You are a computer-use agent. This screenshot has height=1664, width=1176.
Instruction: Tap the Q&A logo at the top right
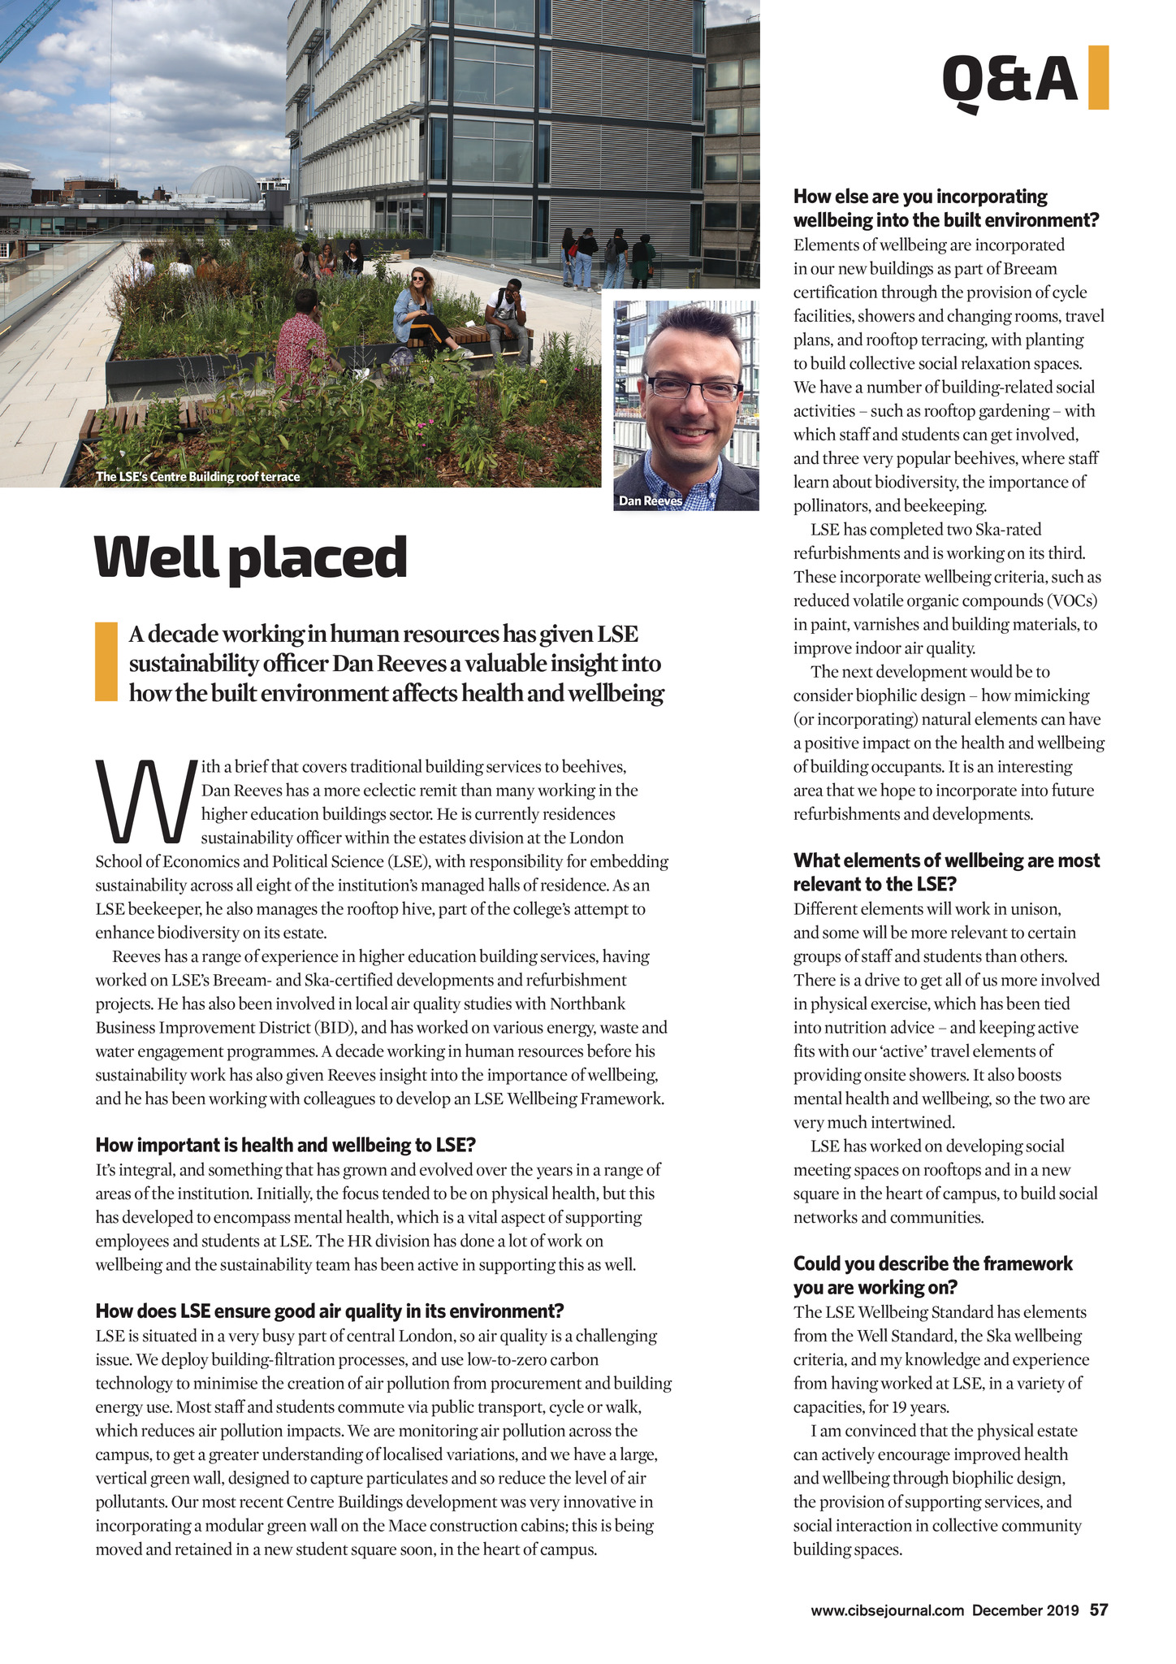click(1010, 81)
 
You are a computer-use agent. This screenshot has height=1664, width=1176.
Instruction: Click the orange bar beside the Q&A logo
click(1098, 77)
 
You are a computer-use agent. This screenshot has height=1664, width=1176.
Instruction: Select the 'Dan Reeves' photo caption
click(651, 501)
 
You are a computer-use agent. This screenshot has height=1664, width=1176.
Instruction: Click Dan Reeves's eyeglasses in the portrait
click(694, 388)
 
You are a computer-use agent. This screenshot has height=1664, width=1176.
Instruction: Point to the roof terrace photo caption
click(198, 477)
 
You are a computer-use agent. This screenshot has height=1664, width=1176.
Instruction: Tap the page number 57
click(1099, 1610)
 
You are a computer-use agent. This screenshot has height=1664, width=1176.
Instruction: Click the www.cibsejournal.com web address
click(887, 1610)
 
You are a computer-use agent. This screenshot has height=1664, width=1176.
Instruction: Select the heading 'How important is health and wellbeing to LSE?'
click(285, 1146)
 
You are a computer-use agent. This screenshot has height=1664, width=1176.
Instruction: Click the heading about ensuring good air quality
click(329, 1311)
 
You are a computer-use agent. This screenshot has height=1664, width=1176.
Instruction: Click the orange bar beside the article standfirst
click(106, 661)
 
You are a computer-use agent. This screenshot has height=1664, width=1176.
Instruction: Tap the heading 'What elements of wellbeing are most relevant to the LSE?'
click(946, 872)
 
